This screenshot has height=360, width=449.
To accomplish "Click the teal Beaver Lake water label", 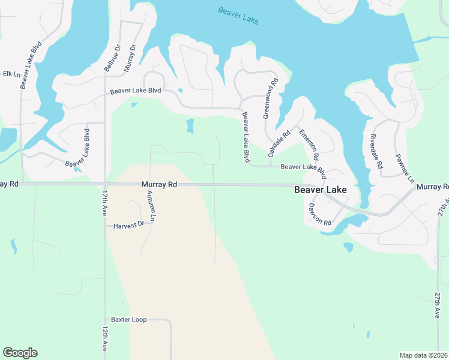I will coord(238,15).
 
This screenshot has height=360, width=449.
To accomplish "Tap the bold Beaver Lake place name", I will coord(320,190).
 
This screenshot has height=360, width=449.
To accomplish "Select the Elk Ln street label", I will coord(11,74).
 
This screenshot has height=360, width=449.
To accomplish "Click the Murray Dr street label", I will coord(130,58).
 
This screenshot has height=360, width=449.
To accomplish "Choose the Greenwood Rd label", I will coord(271,98).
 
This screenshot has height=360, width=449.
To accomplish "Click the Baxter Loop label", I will coord(129,320).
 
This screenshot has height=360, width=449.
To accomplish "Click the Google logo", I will coord(20,353).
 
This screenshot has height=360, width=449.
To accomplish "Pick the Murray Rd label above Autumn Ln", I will coord(159,185).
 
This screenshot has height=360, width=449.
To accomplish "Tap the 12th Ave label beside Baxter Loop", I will coord(105,339).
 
